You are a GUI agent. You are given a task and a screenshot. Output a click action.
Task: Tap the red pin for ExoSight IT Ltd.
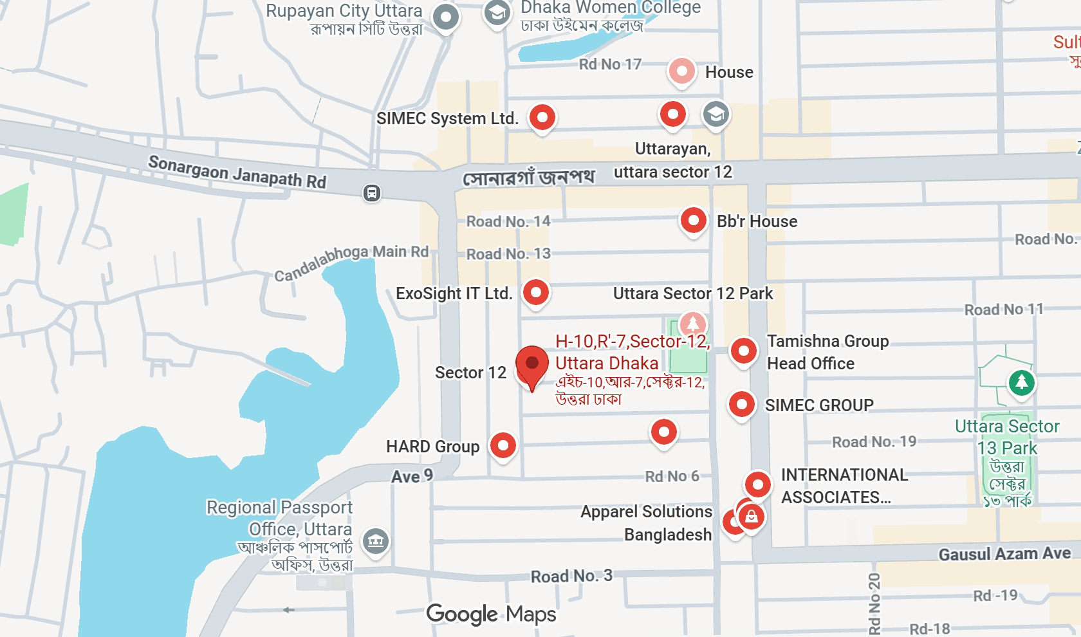point(535,293)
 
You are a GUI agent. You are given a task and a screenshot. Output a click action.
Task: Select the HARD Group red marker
point(503,445)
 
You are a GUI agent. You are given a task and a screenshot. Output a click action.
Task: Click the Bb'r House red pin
point(694,221)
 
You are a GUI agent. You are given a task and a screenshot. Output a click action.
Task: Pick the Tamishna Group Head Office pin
point(744,351)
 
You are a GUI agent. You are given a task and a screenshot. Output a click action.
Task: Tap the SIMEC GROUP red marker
point(741,405)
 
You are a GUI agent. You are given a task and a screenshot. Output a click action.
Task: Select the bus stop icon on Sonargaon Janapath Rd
point(372,192)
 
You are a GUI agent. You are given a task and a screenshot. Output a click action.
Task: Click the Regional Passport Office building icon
point(376,541)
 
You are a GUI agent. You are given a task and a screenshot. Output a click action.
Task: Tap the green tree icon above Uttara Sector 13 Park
point(1021,383)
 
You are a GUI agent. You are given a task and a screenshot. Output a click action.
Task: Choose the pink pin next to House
point(681,71)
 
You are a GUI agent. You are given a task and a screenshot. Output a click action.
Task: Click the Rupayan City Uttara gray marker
point(446,17)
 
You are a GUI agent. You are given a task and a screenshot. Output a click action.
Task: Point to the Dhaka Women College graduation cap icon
point(497,13)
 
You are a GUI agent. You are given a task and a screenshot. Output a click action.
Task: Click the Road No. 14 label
point(508,221)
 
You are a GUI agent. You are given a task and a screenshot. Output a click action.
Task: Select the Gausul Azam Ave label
point(1004,554)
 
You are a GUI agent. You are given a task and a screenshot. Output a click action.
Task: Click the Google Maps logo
point(491,614)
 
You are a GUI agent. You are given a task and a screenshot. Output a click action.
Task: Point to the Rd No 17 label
point(610,64)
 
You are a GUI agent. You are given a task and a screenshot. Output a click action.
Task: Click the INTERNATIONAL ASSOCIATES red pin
point(757,485)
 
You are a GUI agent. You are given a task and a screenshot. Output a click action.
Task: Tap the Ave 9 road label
point(412,476)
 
